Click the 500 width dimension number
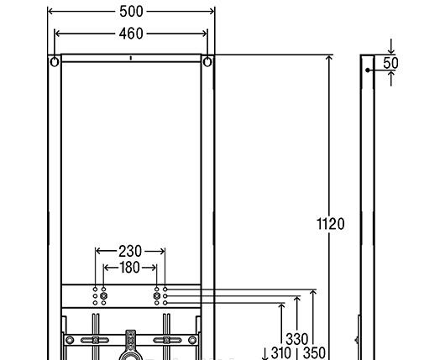[x=131, y=12]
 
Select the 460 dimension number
[x=131, y=34]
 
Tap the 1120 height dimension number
[x=330, y=224]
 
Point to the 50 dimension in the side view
[x=390, y=63]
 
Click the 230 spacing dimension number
[x=130, y=251]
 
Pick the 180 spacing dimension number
[x=130, y=268]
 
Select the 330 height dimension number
[x=296, y=339]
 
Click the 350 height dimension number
[x=313, y=353]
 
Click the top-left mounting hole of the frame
[x=55, y=62]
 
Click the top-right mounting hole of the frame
[x=207, y=62]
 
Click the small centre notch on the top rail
[x=131, y=59]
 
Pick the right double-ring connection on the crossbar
[x=157, y=295]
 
